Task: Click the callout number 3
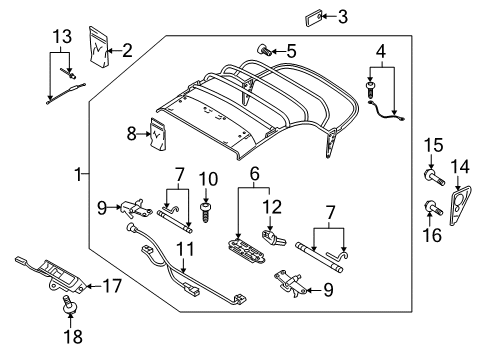343,17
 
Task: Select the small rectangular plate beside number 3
314,18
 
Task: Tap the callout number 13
62,36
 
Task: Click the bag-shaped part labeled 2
99,47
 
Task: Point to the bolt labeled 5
264,51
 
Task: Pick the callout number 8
132,134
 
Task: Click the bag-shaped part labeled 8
158,134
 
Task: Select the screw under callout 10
205,212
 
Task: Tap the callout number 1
78,174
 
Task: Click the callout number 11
185,249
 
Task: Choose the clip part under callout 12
275,238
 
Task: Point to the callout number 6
254,174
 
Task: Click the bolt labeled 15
434,177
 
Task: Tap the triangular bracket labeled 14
460,205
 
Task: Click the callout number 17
112,286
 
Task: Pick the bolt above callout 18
70,304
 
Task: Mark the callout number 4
381,52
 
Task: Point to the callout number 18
73,337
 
